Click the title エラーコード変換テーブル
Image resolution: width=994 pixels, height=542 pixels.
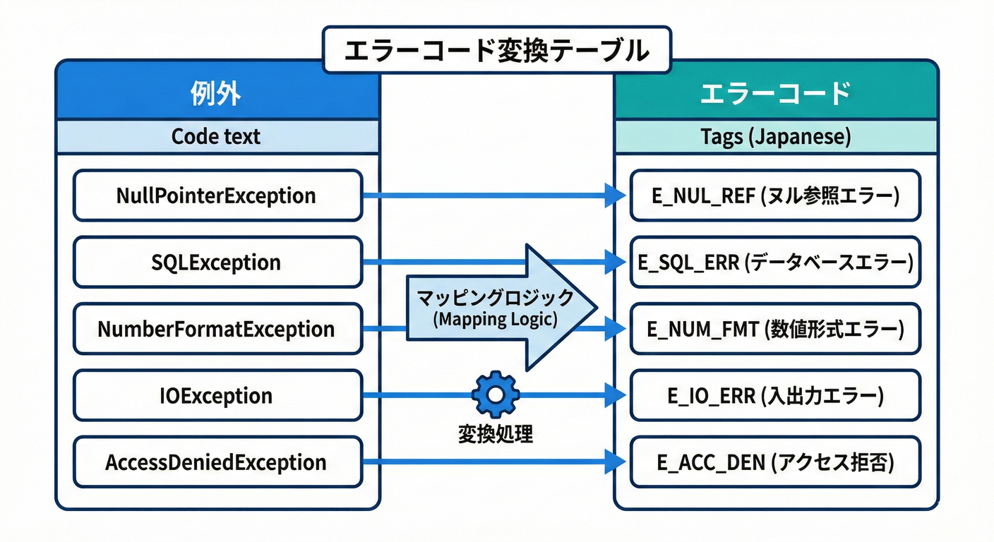coord(496,51)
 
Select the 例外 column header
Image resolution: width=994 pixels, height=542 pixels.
coord(217,94)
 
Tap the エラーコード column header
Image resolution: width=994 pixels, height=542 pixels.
coord(775,94)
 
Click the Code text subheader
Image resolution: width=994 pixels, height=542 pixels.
coord(217,136)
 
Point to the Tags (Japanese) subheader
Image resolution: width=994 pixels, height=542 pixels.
coord(775,136)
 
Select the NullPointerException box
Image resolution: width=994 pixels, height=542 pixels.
coord(217,195)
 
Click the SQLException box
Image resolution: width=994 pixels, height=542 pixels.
coord(217,263)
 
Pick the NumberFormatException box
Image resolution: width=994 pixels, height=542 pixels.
coord(217,329)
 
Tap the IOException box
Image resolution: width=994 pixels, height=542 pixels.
coord(217,396)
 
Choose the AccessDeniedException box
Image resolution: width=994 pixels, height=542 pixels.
coord(217,462)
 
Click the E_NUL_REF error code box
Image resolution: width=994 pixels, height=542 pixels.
coord(775,195)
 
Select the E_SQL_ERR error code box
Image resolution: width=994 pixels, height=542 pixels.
coord(775,263)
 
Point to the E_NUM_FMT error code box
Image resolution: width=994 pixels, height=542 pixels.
coord(775,329)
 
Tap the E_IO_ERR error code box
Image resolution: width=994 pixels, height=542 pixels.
coord(775,396)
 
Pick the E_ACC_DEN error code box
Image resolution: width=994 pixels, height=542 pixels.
coord(775,462)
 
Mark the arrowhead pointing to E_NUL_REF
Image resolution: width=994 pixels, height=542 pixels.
coord(616,195)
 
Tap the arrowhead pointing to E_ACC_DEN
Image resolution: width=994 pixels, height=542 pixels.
coord(616,463)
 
